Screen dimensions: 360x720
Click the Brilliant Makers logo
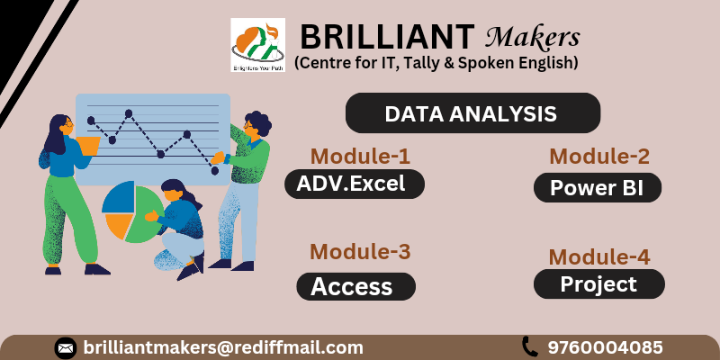[x=257, y=44]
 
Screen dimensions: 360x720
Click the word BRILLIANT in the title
[x=386, y=37]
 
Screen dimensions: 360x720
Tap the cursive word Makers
[x=532, y=37]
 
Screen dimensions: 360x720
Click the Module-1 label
[x=360, y=156]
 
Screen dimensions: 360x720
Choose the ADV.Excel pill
[x=354, y=184]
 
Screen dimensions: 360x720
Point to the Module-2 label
[x=599, y=156]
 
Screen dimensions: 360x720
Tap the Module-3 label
[x=360, y=252]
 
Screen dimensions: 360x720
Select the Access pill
[x=355, y=286]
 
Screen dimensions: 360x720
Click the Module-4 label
[x=599, y=256]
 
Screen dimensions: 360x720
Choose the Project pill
[x=598, y=284]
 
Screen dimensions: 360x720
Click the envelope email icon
[x=66, y=347]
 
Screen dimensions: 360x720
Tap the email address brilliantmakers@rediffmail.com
[x=223, y=347]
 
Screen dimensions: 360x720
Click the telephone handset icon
[x=529, y=346]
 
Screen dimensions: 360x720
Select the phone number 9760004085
[x=606, y=347]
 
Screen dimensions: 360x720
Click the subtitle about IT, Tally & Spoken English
[x=436, y=63]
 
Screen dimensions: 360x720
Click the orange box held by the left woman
[x=87, y=144]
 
